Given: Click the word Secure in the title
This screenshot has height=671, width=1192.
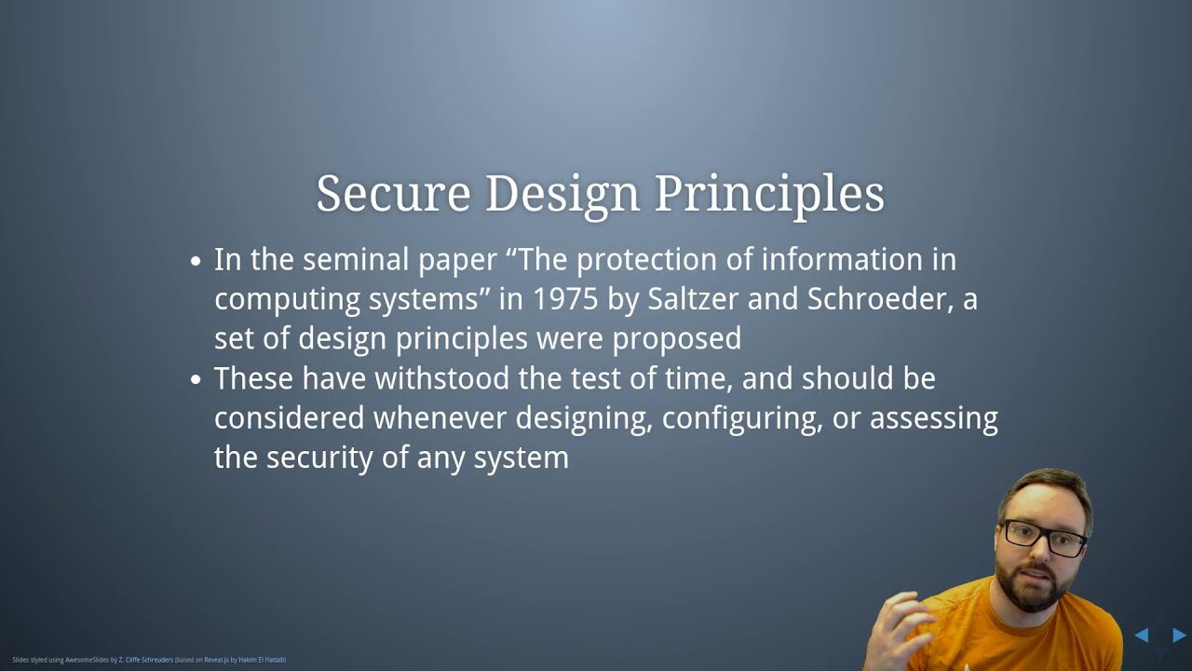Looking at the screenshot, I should (392, 194).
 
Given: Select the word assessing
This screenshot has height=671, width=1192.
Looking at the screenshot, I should (933, 418).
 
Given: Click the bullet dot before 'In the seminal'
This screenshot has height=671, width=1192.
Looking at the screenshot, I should (196, 261).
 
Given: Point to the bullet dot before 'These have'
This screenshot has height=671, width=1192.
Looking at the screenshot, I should (196, 380).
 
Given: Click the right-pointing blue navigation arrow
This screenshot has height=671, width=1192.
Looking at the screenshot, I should (1178, 636).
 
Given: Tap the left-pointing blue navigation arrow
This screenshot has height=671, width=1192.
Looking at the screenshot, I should (1141, 636).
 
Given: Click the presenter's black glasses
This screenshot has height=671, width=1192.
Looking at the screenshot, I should (1043, 537).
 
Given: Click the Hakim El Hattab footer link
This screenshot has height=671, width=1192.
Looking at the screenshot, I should (261, 660).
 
